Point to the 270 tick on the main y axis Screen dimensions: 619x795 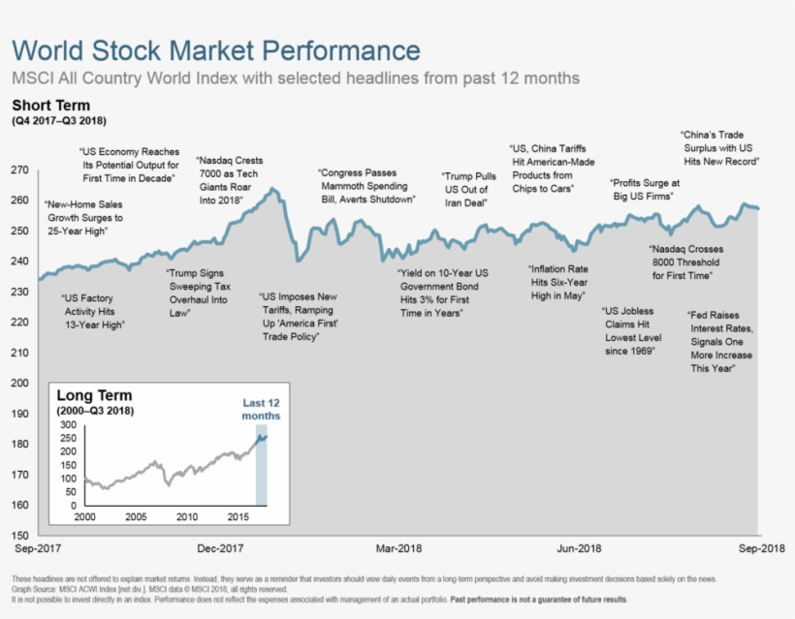pyautogui.click(x=19, y=170)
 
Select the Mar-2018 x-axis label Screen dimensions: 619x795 pyautogui.click(x=399, y=548)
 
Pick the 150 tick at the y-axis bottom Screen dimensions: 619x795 pyautogui.click(x=19, y=535)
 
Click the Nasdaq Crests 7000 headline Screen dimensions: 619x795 pyautogui.click(x=230, y=180)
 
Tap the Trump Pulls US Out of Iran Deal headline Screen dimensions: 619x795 pyautogui.click(x=470, y=190)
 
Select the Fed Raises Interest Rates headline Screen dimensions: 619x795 pyautogui.click(x=719, y=342)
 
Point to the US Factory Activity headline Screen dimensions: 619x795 pyautogui.click(x=94, y=312)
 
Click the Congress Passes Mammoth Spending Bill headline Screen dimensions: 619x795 pyautogui.click(x=366, y=186)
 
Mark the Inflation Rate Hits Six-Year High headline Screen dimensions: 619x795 pyautogui.click(x=559, y=282)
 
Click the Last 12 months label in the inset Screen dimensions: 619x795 pyautogui.click(x=261, y=409)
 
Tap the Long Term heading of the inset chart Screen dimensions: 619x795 pyautogui.click(x=94, y=396)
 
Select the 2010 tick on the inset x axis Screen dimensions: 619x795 pyautogui.click(x=186, y=517)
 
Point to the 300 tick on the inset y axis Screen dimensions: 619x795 pyautogui.click(x=68, y=425)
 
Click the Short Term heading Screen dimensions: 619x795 pyautogui.click(x=50, y=105)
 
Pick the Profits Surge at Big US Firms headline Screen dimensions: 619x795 pyautogui.click(x=645, y=189)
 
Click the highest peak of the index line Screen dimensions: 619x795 pyautogui.click(x=272, y=188)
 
